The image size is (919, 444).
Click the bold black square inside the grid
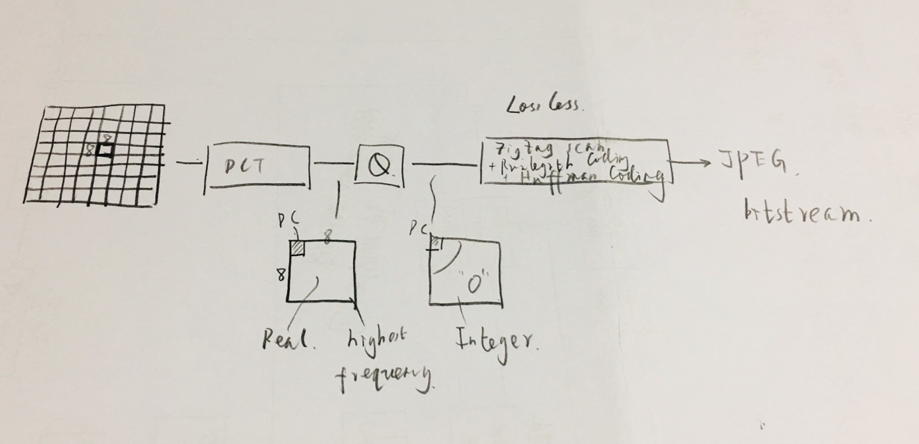coord(105,151)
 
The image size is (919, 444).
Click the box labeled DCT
coord(257,166)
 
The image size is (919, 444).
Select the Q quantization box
coord(379,164)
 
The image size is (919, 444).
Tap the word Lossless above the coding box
coord(545,105)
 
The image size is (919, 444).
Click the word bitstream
coord(805,211)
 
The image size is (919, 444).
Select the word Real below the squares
coord(288,340)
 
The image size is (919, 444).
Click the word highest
coord(376,337)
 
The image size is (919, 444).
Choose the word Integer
coord(495,340)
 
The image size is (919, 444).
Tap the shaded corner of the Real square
coord(297,247)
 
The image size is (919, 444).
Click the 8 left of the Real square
coord(280,275)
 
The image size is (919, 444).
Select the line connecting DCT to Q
coord(335,164)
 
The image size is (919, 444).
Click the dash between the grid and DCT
coord(186,163)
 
